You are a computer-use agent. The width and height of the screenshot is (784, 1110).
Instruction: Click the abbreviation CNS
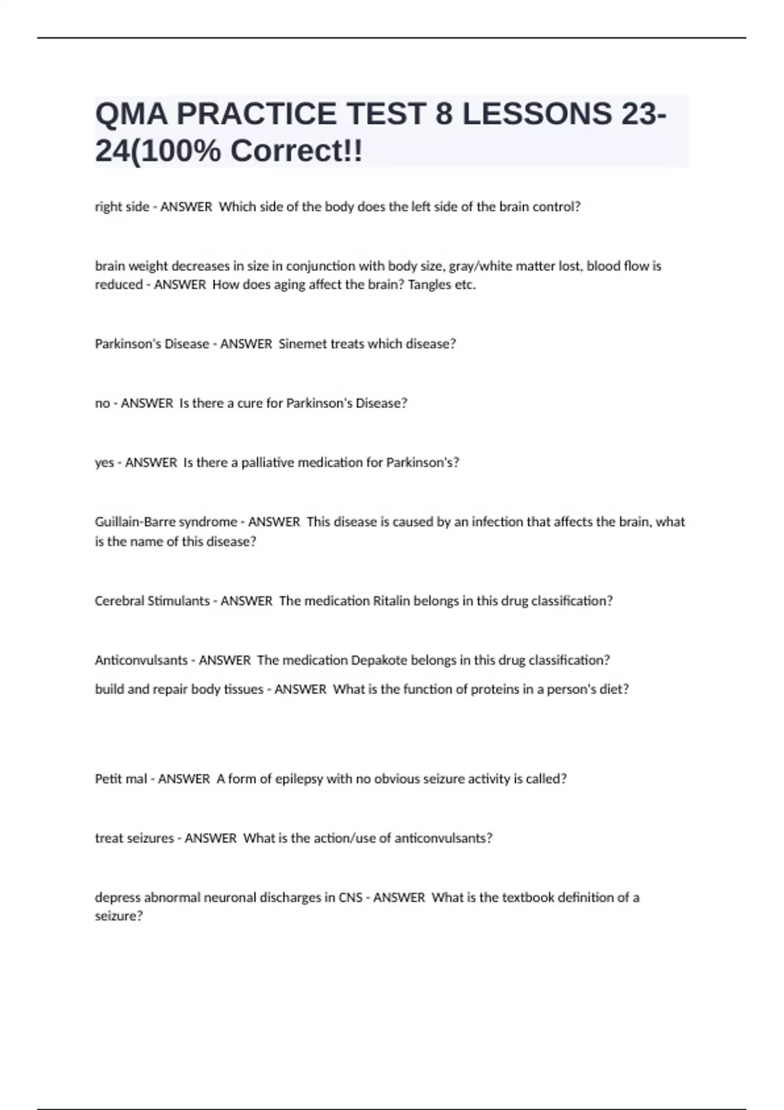tap(350, 898)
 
